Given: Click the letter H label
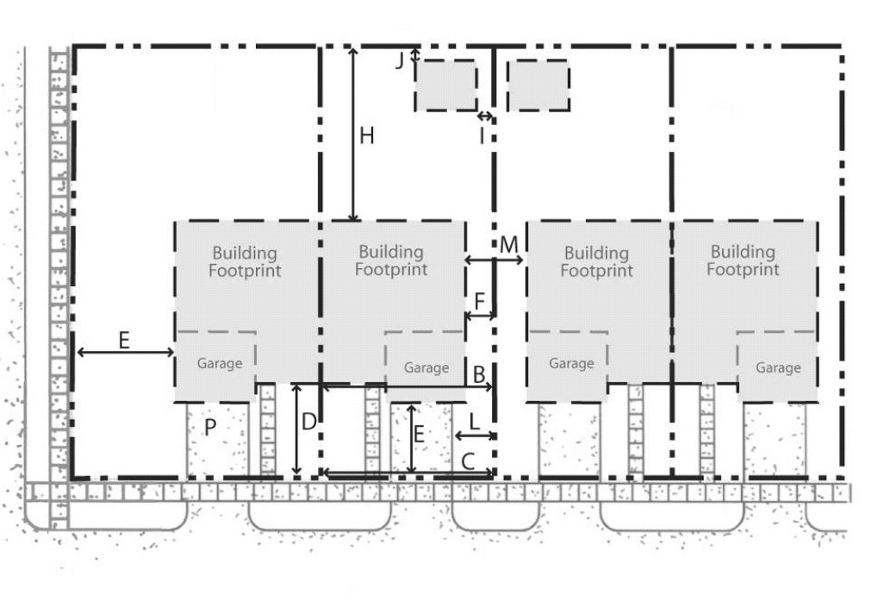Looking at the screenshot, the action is pyautogui.click(x=366, y=136).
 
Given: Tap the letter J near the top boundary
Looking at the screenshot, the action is pyautogui.click(x=400, y=60).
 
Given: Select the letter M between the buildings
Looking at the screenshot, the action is pyautogui.click(x=508, y=245).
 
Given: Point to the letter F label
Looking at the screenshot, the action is pyautogui.click(x=479, y=301).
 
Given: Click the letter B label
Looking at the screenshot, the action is pyautogui.click(x=479, y=375).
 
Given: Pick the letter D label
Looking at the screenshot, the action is pyautogui.click(x=308, y=422).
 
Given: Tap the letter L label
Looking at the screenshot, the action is pyautogui.click(x=474, y=423).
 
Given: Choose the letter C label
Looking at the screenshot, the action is pyautogui.click(x=468, y=461).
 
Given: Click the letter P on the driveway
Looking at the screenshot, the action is pyautogui.click(x=210, y=427).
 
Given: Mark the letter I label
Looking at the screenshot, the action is pyautogui.click(x=482, y=136).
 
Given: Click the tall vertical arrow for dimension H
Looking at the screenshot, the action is pyautogui.click(x=354, y=135).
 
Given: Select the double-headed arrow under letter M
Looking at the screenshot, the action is pyautogui.click(x=494, y=260).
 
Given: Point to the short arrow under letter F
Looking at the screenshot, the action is pyautogui.click(x=480, y=316).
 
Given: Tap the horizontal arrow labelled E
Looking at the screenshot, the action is pyautogui.click(x=126, y=352).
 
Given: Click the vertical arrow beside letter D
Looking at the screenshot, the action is pyautogui.click(x=296, y=430).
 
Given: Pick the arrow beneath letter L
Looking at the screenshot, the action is pyautogui.click(x=475, y=436).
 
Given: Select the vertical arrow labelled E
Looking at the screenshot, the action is pyautogui.click(x=411, y=440).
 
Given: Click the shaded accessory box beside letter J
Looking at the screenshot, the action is pyautogui.click(x=445, y=85).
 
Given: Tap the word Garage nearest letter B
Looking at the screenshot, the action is pyautogui.click(x=426, y=368).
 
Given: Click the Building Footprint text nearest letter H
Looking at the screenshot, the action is pyautogui.click(x=391, y=260).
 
